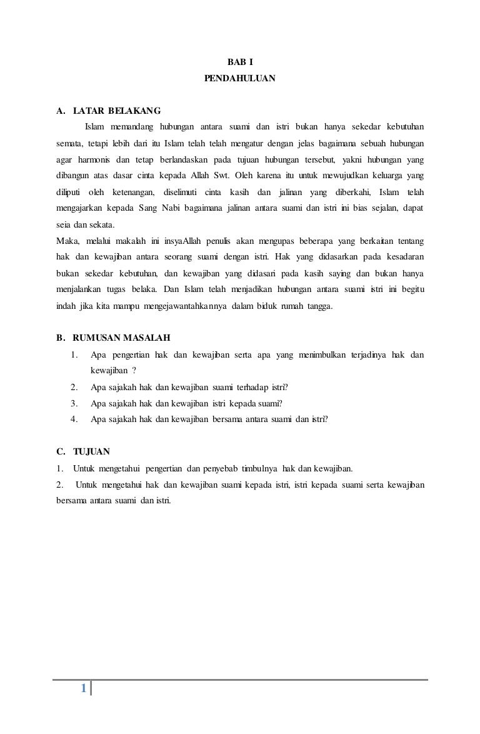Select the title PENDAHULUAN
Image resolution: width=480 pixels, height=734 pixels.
click(239, 79)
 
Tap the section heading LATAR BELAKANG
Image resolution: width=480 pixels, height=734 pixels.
click(117, 111)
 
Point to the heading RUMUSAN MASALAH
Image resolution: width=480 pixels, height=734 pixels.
click(122, 339)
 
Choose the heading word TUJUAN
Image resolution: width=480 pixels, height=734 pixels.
click(91, 452)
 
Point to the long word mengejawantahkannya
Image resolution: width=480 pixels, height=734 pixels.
click(184, 306)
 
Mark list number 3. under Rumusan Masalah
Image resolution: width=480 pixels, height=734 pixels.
click(74, 403)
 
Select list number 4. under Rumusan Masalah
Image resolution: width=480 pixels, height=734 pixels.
click(74, 420)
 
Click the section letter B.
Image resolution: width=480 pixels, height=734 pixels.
click(60, 339)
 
